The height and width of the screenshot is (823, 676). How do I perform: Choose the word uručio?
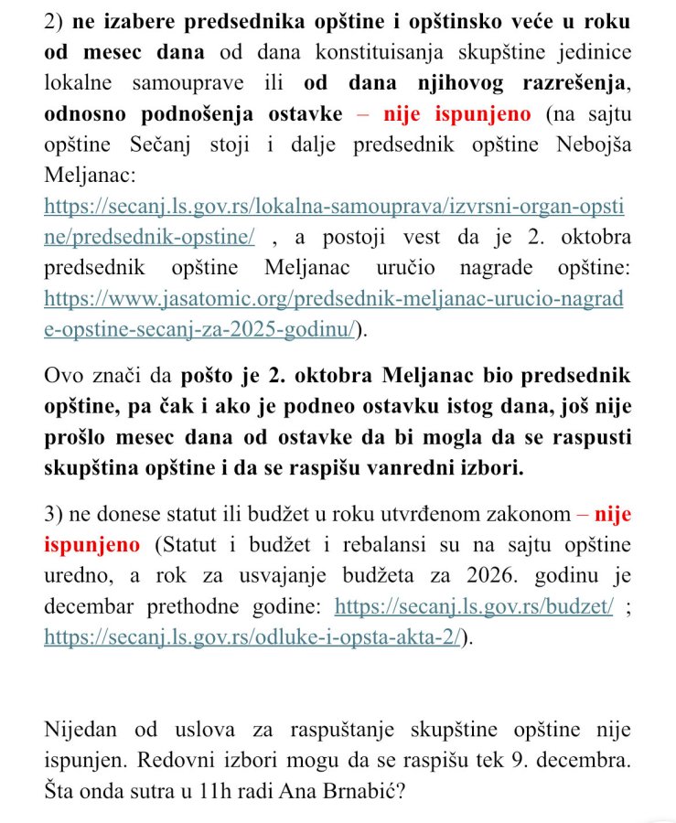tap(415, 268)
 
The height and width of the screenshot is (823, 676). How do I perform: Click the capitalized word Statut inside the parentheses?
tap(188, 545)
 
